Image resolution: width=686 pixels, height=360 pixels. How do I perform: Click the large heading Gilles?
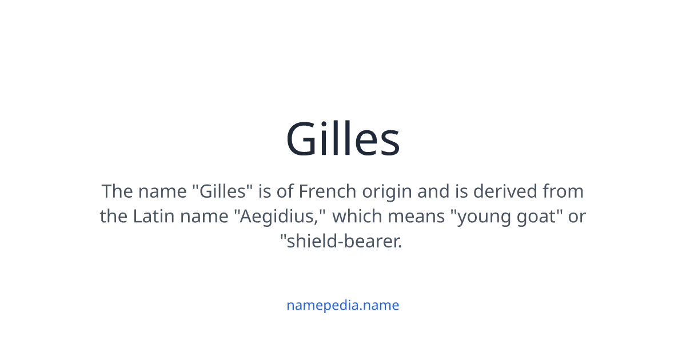[x=343, y=139]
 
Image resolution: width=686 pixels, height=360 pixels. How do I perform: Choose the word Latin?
[x=151, y=217]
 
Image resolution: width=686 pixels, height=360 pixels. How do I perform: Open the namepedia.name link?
[x=343, y=305]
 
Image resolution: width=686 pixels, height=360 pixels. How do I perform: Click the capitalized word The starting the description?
[x=117, y=191]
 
